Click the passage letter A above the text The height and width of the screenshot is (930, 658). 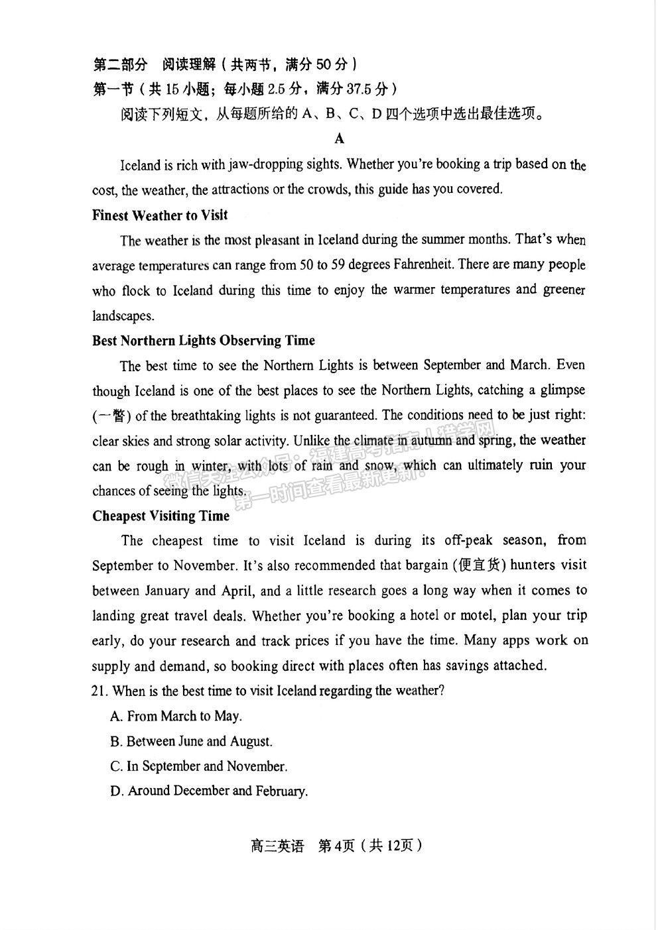pos(340,139)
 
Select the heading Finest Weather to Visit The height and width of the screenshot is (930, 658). pos(159,215)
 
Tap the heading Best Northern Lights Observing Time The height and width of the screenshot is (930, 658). pos(203,341)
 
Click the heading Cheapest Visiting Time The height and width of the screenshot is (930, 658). pos(161,516)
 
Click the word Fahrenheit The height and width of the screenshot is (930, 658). pos(421,264)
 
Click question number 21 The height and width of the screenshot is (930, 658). pos(100,691)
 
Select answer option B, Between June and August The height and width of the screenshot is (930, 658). pos(191,741)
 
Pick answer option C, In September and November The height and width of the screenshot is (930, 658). pos(198,766)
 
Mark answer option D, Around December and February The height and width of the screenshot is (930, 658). pos(209,791)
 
